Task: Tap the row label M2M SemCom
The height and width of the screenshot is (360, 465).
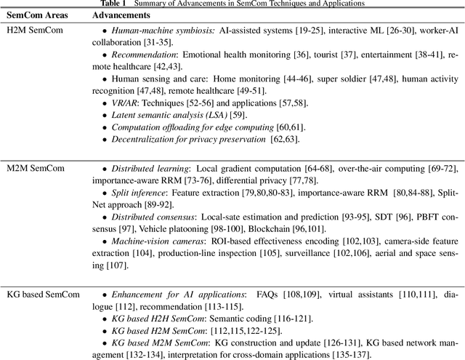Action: pos(31,168)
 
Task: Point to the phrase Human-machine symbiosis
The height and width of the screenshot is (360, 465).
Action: pos(152,30)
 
